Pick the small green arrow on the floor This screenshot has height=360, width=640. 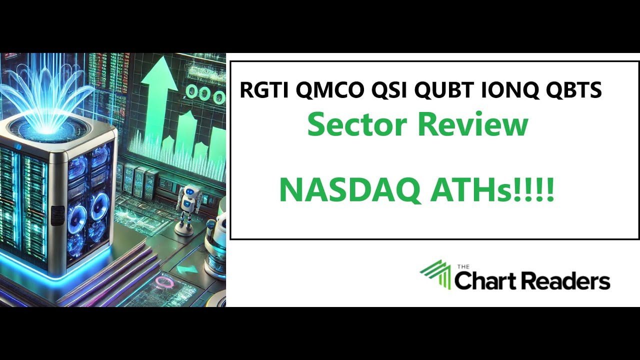pyautogui.click(x=186, y=269)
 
